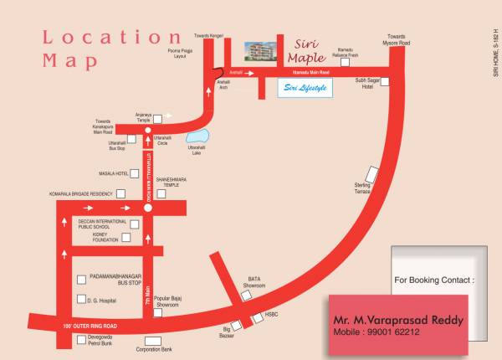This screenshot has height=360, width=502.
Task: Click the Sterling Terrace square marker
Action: pos(373,176)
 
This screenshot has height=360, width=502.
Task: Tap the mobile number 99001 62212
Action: pos(377,332)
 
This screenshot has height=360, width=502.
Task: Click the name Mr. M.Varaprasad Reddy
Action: pos(398,320)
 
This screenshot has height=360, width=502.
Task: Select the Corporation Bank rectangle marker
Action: pos(152,341)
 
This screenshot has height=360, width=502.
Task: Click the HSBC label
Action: pos(271,315)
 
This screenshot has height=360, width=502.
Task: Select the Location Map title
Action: pos(109,48)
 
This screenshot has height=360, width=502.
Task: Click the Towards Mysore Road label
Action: pos(398,39)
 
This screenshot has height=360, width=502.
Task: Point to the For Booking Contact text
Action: pos(434,280)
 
